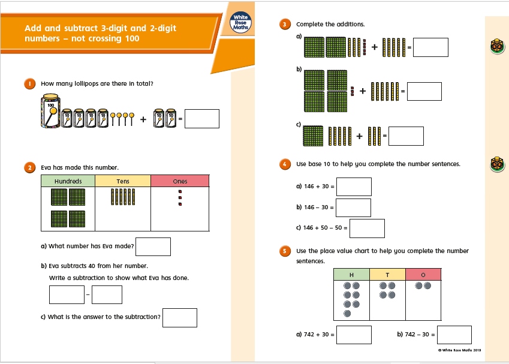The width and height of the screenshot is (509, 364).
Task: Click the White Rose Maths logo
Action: coord(240,22)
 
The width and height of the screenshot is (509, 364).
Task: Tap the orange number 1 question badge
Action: coord(30,84)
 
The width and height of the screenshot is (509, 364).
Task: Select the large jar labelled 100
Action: coord(50,111)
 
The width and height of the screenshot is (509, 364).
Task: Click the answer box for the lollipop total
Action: coord(202,119)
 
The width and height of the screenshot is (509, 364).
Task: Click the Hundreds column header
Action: coord(68,181)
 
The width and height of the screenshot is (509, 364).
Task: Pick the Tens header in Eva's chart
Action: coord(123,181)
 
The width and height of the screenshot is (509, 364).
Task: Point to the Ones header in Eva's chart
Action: coord(180,181)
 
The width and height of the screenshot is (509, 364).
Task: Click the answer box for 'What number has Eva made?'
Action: coord(153,247)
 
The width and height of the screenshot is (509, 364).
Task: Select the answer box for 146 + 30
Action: coord(354,186)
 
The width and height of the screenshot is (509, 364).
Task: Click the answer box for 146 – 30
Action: coord(353,208)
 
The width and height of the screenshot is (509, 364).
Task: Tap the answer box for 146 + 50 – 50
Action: coord(367,228)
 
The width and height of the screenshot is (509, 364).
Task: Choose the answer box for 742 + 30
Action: coord(354,335)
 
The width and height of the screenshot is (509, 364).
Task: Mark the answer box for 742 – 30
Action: coord(454,335)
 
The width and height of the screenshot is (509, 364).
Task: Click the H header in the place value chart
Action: coord(351,275)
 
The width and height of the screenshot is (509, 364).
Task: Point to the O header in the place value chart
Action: coord(423,275)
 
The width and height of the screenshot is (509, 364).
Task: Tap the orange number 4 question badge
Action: coord(285,164)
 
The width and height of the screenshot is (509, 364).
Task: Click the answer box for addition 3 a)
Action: coord(431,47)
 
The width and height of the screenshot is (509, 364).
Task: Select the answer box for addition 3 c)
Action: coord(406,136)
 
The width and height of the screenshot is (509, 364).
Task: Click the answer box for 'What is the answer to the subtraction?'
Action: coord(180,318)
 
